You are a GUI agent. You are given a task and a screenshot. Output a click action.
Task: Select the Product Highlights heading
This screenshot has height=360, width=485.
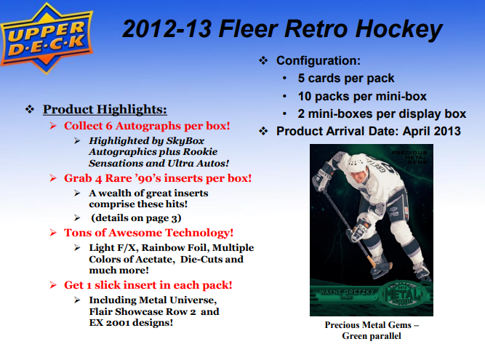point(105,110)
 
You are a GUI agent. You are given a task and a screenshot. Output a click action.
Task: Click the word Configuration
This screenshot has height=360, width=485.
point(318,61)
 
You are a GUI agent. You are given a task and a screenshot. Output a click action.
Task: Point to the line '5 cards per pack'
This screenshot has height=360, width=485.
point(346,79)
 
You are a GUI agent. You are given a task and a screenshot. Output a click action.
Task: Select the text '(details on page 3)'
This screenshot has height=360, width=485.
point(136,217)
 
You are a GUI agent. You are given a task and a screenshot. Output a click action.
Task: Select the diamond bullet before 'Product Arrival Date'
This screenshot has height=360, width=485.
point(264,132)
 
